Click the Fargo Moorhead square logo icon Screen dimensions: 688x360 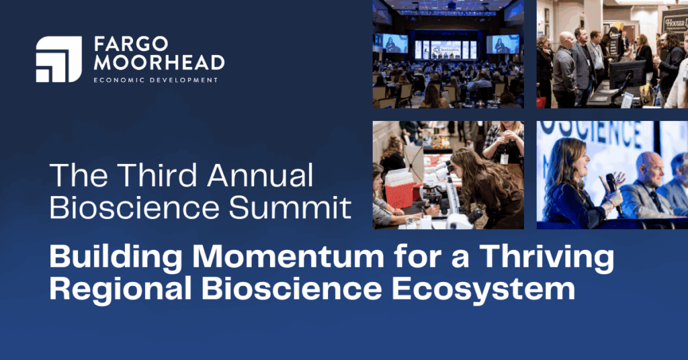click(x=59, y=59)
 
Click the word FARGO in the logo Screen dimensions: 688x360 click(x=131, y=44)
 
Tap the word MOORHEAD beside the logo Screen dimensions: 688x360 click(x=159, y=62)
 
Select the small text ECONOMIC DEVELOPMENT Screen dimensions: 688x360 click(x=156, y=80)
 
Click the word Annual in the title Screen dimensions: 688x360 click(x=260, y=175)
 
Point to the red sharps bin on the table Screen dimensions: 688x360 click(x=399, y=193)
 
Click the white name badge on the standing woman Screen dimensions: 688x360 click(x=504, y=159)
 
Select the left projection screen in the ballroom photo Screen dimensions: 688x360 click(x=394, y=44)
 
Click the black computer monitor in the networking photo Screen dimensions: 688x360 click(x=627, y=74)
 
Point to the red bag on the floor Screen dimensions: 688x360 click(x=541, y=101)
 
